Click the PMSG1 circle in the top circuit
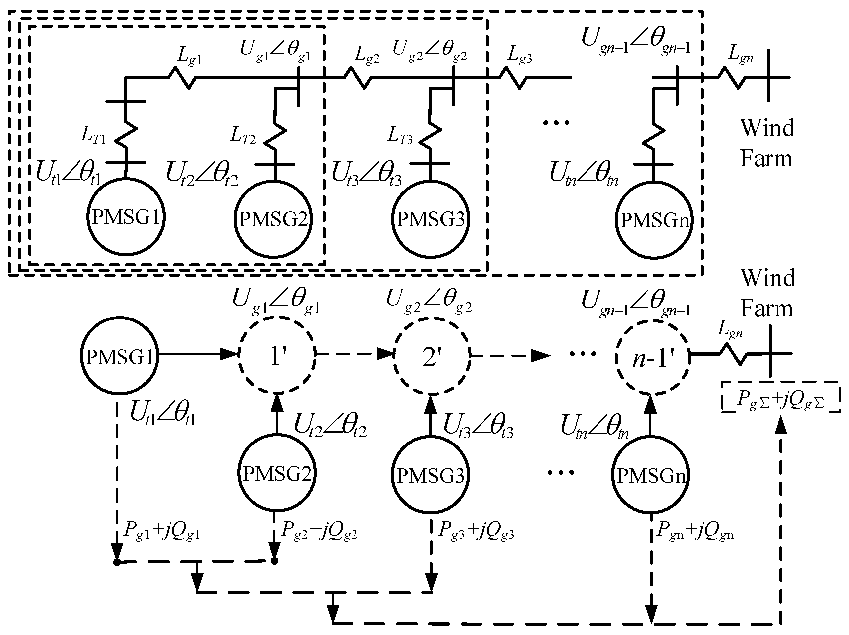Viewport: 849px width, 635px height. click(126, 217)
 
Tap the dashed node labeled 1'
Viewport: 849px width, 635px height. click(277, 355)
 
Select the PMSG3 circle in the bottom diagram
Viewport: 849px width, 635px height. click(430, 475)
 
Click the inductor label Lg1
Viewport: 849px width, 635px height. click(189, 57)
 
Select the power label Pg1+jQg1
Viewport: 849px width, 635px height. click(162, 531)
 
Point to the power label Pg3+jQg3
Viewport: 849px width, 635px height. click(476, 531)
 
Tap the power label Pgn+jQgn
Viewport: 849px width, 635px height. click(695, 531)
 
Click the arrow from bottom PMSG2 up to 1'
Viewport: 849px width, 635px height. click(277, 414)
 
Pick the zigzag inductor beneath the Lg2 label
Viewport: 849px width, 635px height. click(357, 79)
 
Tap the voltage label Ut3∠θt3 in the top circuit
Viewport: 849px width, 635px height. click(366, 175)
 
